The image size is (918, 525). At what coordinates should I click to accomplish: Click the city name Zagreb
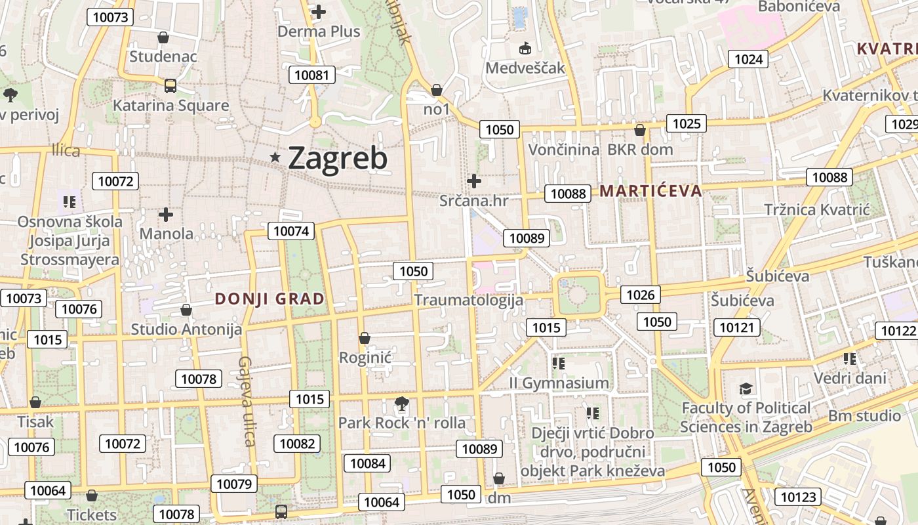point(338,158)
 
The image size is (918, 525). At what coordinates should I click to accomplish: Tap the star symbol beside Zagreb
point(275,157)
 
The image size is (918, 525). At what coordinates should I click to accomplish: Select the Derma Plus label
point(319,31)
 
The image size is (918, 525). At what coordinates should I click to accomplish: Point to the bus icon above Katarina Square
point(170,85)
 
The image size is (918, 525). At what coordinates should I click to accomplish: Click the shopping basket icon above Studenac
point(163,37)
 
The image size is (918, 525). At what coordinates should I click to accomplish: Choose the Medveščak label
point(525,68)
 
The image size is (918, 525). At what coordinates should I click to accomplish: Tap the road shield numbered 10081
point(312,75)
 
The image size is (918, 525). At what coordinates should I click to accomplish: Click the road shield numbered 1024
point(748,60)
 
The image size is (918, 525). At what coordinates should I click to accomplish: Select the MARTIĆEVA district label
point(650,192)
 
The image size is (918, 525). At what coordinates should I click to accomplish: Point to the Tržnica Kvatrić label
point(816,210)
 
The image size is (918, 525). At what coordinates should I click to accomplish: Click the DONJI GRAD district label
point(269,299)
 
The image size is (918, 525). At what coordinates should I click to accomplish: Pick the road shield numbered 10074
point(290,230)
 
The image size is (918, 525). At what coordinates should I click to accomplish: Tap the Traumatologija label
point(469,301)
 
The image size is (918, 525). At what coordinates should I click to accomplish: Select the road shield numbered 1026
point(640,295)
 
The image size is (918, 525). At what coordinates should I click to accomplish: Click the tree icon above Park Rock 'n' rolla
point(401,403)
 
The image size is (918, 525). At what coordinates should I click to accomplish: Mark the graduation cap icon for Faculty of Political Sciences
point(746,389)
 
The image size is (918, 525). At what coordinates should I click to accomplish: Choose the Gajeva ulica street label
point(247,401)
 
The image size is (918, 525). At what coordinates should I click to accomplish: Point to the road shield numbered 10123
point(799,497)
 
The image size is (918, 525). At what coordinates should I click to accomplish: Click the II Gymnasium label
point(559,383)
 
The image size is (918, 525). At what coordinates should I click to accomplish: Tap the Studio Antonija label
point(186,329)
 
